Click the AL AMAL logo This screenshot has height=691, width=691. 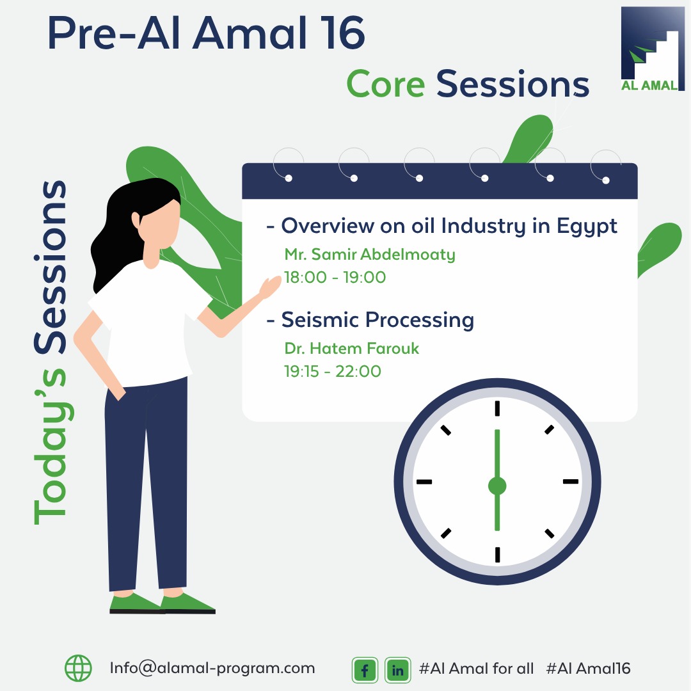(x=653, y=49)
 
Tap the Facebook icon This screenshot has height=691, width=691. (x=365, y=670)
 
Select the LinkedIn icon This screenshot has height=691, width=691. (x=397, y=670)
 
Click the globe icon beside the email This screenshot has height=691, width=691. (x=79, y=668)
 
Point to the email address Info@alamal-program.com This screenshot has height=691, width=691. (x=212, y=669)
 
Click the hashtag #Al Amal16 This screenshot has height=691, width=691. (x=589, y=669)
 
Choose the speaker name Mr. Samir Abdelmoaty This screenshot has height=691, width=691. (x=370, y=255)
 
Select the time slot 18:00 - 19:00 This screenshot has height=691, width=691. (x=335, y=277)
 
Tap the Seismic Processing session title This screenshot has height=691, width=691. (x=377, y=321)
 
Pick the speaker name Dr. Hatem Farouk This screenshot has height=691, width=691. (x=352, y=349)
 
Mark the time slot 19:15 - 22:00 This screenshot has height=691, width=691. (x=333, y=372)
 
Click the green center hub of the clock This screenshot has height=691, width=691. (x=497, y=486)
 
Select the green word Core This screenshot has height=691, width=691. (x=386, y=84)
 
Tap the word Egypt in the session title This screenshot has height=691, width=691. (x=587, y=226)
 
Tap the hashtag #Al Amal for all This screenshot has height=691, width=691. (x=477, y=669)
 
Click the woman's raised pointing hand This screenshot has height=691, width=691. (x=269, y=287)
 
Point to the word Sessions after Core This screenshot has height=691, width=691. (x=512, y=84)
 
